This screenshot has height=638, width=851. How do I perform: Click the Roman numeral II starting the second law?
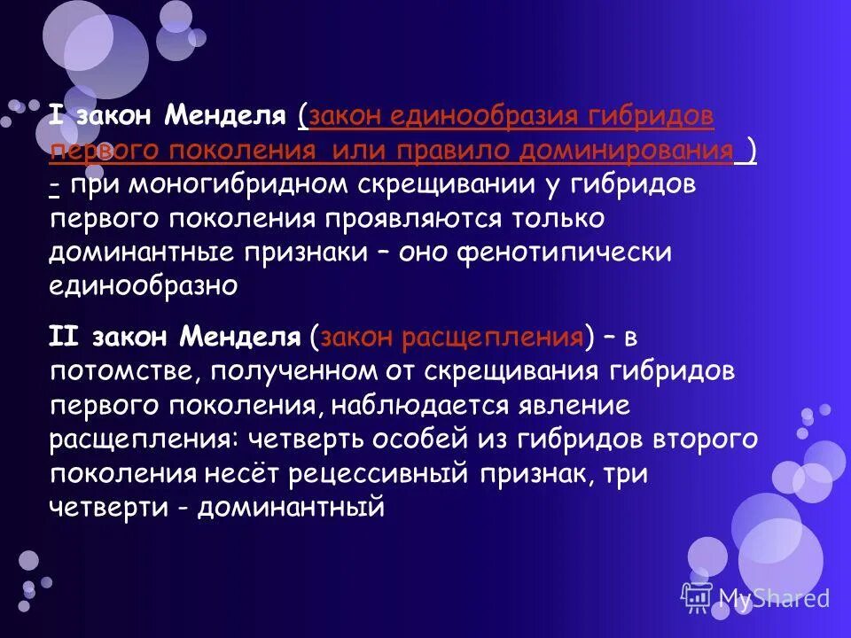point(64,337)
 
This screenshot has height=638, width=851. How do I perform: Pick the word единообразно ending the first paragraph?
point(143,285)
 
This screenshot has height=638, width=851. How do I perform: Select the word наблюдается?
point(411,405)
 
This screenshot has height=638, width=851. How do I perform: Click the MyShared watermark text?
point(773,598)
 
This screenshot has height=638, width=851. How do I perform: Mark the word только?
point(557,218)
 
